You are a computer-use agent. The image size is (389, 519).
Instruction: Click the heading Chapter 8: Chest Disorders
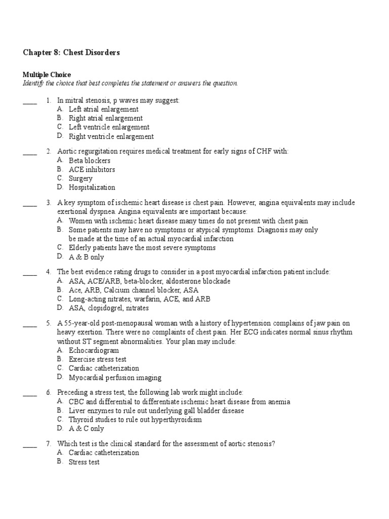[71, 53]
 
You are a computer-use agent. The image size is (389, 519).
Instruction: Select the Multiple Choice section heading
[47, 75]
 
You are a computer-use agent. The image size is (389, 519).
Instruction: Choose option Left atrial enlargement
[103, 109]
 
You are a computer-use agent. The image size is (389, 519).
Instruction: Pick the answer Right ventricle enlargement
[111, 137]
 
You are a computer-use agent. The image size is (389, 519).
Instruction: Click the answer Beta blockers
[90, 161]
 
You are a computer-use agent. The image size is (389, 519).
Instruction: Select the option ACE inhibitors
[92, 170]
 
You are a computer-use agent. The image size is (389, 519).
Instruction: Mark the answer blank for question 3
[30, 205]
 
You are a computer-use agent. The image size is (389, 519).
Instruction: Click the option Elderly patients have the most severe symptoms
[142, 248]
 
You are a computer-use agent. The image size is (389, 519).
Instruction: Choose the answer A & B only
[86, 257]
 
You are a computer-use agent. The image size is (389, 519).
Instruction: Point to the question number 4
[48, 272]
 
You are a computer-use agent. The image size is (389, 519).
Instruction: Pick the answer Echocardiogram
[94, 350]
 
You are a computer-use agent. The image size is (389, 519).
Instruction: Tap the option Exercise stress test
[97, 359]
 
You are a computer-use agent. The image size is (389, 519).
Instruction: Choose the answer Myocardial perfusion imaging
[115, 378]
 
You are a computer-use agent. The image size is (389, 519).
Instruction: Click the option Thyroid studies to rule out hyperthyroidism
[135, 420]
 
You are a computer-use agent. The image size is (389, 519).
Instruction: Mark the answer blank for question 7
[30, 446]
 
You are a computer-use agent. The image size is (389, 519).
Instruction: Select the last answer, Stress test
[84, 462]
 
